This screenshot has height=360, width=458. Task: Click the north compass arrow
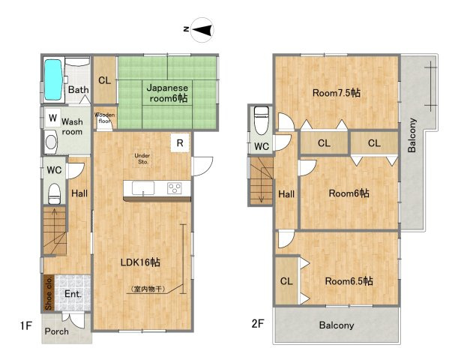coord(202,30)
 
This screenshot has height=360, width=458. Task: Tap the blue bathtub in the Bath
coord(53,79)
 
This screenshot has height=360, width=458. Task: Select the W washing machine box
coord(53,118)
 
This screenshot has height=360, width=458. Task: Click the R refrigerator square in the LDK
coord(180,143)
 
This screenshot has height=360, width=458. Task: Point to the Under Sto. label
coord(142,159)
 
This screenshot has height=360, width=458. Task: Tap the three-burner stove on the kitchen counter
coord(175,188)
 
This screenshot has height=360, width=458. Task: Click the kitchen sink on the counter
coord(143,188)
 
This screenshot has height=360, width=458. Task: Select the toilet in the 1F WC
coord(54,193)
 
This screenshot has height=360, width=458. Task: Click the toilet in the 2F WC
coord(262,121)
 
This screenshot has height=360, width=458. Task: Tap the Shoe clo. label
coord(49,293)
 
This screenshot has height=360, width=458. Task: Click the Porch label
coord(57,331)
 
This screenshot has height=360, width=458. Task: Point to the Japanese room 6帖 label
coord(168,93)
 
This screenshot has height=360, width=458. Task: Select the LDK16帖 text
coord(140,262)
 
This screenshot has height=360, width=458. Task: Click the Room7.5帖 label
coord(337,93)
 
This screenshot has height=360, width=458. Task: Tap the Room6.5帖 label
coord(349,281)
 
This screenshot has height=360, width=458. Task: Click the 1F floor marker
coord(25,325)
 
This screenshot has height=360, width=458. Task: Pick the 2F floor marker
coord(258,323)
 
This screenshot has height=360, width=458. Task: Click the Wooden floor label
coord(105,118)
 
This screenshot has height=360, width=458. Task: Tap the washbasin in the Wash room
coord(51,142)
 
